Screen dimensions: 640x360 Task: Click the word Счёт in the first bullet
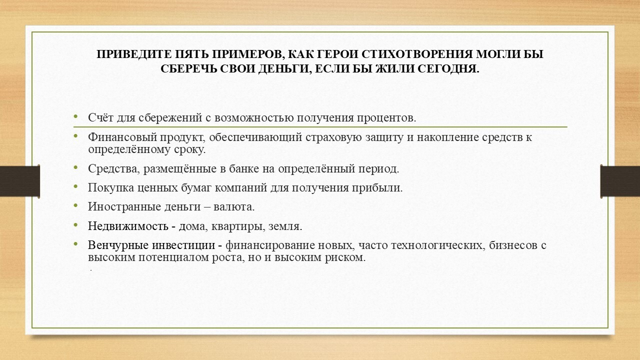pyautogui.click(x=101, y=117)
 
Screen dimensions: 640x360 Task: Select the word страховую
pyautogui.click(x=333, y=138)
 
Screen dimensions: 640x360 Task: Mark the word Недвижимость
pyautogui.click(x=128, y=226)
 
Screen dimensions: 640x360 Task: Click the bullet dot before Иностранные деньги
pyautogui.click(x=75, y=205)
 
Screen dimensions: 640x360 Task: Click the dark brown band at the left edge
pyautogui.click(x=19, y=181)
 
